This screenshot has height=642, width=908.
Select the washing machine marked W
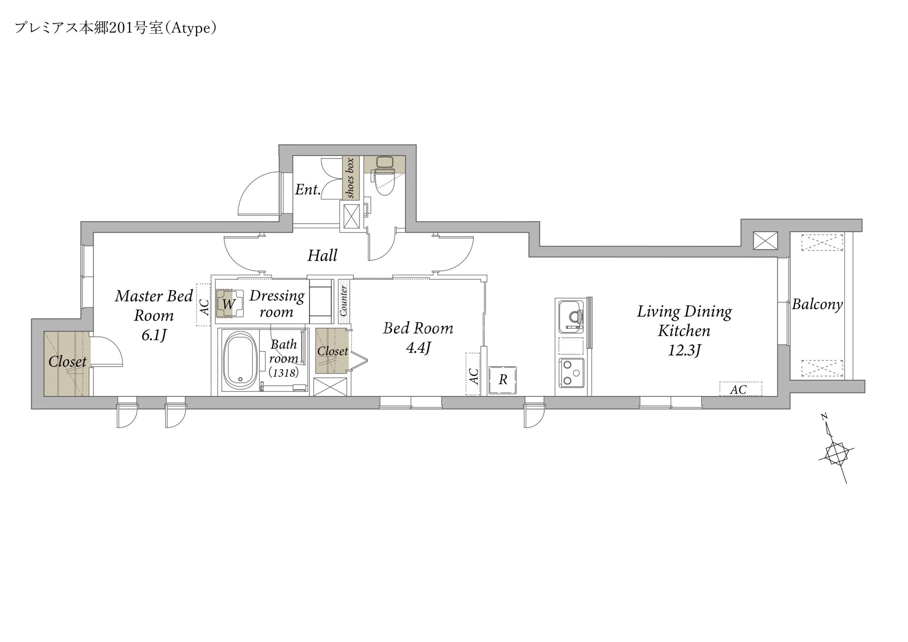(x=228, y=304)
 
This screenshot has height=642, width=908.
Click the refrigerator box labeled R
(x=503, y=380)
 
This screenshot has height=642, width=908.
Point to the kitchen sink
(x=571, y=316)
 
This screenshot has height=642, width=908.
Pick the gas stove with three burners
(x=571, y=373)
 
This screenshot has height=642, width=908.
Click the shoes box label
(x=350, y=178)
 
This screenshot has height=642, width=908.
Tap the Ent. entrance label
(x=308, y=189)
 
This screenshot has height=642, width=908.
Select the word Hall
(x=322, y=255)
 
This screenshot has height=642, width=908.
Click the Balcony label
(x=818, y=304)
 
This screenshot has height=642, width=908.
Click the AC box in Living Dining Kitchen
(x=740, y=389)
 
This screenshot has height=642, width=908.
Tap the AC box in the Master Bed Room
(x=203, y=305)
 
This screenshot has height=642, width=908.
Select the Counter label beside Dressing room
(x=343, y=301)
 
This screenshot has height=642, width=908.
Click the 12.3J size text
(x=684, y=350)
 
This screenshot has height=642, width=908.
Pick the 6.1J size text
(x=154, y=336)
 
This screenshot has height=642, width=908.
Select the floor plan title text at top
(x=116, y=28)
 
